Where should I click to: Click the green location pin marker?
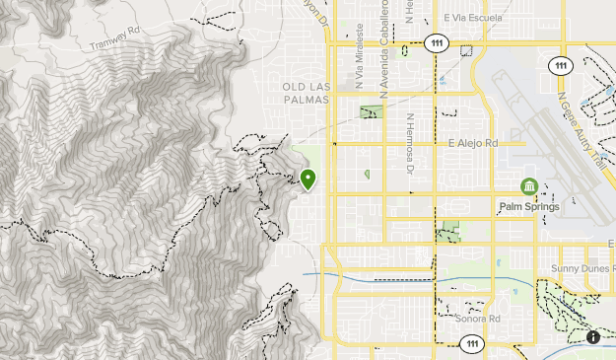click(x=308, y=180)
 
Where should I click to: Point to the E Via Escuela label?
click(x=473, y=19)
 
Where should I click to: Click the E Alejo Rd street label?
click(x=472, y=143)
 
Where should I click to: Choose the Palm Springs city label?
click(x=529, y=207)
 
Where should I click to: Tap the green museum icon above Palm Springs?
click(x=529, y=186)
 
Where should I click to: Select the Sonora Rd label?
click(x=479, y=319)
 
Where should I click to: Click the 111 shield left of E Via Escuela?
click(x=435, y=42)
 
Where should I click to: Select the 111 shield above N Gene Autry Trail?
click(x=561, y=65)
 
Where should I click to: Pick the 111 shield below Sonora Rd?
click(x=471, y=342)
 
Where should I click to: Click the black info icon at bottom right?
click(x=593, y=337)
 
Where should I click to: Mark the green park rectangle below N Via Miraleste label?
click(x=371, y=111)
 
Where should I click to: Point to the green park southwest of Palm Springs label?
click(x=448, y=233)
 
